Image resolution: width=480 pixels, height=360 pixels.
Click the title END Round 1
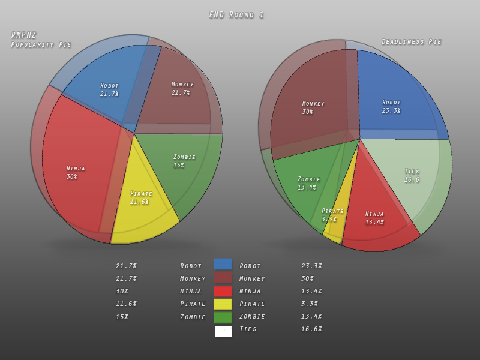236,15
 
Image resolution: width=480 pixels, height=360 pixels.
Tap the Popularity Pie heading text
41,44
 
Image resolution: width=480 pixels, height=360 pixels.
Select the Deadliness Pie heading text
412,42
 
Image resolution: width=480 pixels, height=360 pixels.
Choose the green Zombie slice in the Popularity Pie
183,165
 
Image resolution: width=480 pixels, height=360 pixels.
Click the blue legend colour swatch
223,265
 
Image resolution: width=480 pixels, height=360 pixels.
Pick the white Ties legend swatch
223,331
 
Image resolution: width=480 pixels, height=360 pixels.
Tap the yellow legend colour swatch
223,304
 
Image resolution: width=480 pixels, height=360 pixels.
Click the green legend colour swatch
223,317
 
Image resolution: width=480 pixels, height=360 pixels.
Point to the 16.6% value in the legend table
311,329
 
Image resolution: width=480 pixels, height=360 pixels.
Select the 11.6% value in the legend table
126,304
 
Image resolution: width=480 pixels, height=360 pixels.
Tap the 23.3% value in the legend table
311,266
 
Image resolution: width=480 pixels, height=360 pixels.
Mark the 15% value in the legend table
122,317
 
